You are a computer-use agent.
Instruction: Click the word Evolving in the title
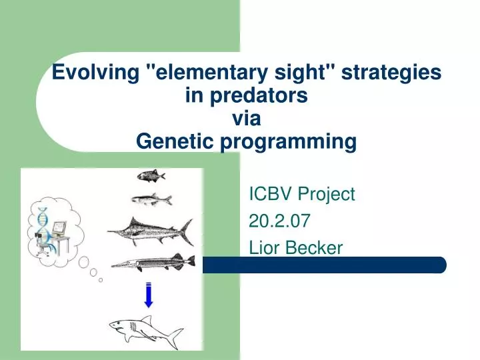(95, 73)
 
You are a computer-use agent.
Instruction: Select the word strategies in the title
(391, 73)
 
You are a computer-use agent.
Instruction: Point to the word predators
(258, 95)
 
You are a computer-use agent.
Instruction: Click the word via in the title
(247, 118)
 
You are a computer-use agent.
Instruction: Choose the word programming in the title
(289, 143)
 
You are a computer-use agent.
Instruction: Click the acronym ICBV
(271, 194)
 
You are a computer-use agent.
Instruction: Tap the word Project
(326, 195)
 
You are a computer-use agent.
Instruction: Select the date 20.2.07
(279, 221)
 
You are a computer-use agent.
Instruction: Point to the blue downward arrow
(149, 295)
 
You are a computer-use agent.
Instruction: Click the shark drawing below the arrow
(146, 332)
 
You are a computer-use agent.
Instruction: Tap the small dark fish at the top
(151, 176)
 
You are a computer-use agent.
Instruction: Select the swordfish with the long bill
(151, 231)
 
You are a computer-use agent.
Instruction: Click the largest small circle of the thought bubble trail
(83, 263)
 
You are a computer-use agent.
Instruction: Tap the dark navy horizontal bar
(325, 265)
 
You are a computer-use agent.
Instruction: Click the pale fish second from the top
(152, 199)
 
